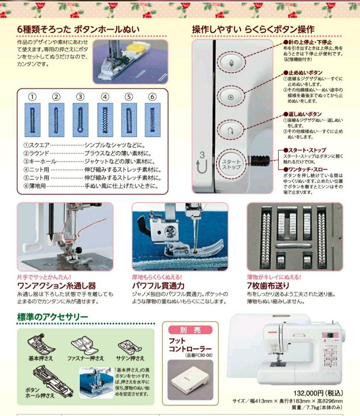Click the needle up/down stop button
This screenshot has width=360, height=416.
[x=231, y=63]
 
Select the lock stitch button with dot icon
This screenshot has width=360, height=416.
[x=231, y=97]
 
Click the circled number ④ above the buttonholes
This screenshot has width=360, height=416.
[x=105, y=97]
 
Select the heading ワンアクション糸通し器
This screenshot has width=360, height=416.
[x=57, y=286]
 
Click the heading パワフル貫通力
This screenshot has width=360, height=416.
[x=158, y=286]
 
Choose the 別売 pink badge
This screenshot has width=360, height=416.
[x=190, y=330]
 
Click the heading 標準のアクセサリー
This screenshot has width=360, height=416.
[x=53, y=317]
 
